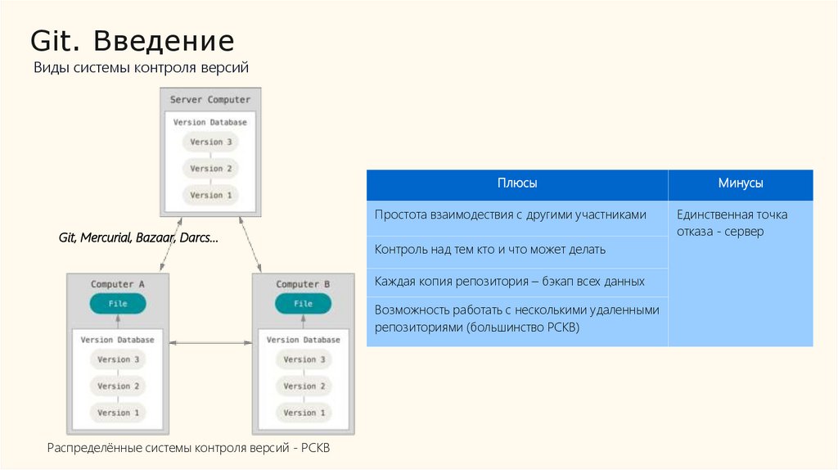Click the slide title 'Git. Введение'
coord(133,41)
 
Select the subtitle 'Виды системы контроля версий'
coord(141,68)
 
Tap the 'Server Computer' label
coord(210,100)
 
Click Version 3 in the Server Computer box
coord(211,142)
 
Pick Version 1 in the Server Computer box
coord(211,195)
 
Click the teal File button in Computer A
coord(118,304)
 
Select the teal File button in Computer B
coord(303,304)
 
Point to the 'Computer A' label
coord(118,284)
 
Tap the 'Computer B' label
coord(303,284)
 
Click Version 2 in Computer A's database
coord(119,386)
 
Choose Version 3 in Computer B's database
coord(304,359)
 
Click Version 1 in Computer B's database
coord(304,413)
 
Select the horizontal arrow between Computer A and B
coord(210,343)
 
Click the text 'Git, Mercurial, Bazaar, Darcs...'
coord(138,237)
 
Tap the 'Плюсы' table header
coord(517,184)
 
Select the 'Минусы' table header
coord(741,184)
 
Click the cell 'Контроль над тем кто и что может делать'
coord(490,249)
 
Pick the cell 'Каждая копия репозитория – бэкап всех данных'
coord(510,281)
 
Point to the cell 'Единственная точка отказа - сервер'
coord(732,223)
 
